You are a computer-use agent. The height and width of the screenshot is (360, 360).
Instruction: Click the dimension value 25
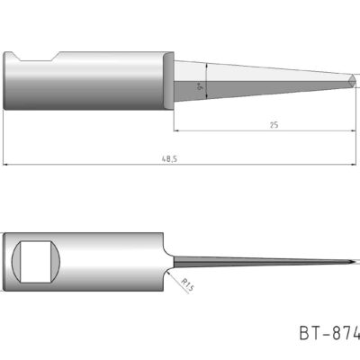pos(272,125)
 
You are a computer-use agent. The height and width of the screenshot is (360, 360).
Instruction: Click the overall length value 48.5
pos(168,158)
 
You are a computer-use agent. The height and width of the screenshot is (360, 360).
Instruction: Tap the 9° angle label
pos(199,88)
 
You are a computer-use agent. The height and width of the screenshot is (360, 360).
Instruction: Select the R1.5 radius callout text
pos(187,285)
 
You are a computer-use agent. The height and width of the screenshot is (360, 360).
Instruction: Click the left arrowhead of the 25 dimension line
pos(177,130)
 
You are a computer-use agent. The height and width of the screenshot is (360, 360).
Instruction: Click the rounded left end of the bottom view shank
pos(9,261)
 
